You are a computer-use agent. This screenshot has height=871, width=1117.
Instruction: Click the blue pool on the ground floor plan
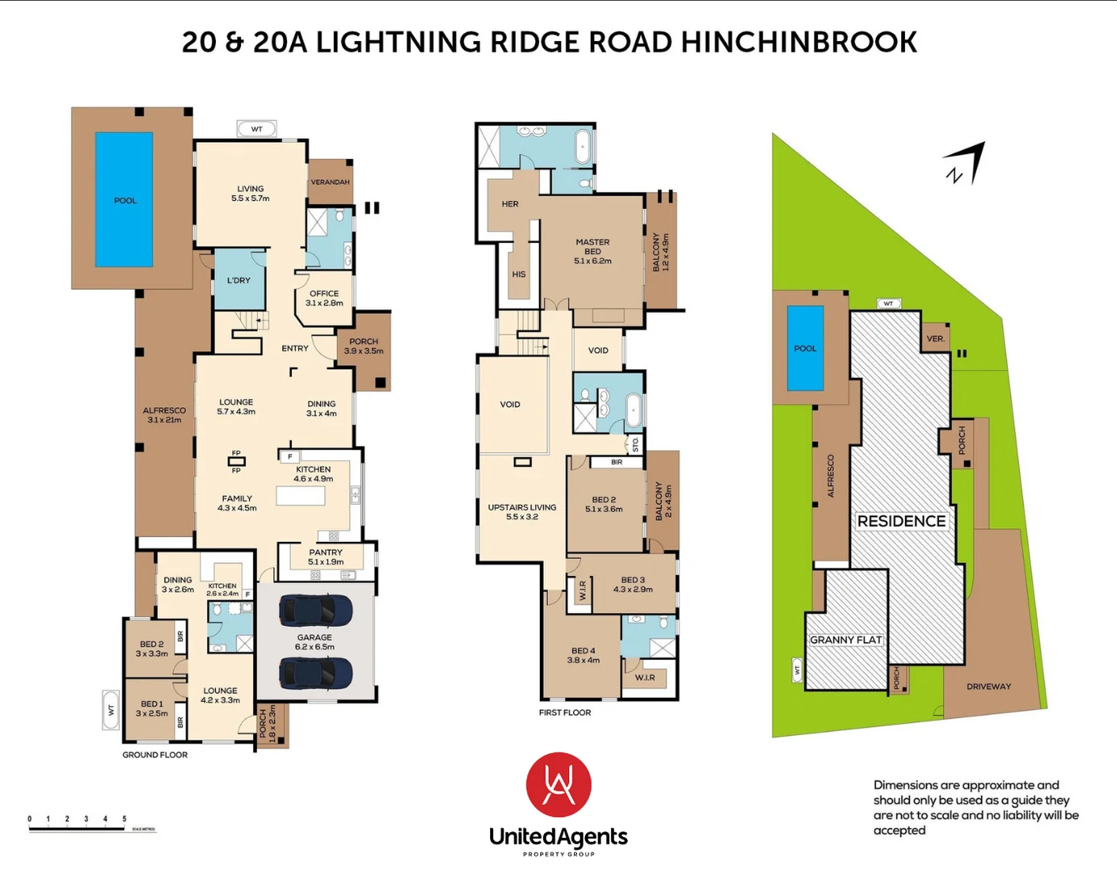coord(124,199)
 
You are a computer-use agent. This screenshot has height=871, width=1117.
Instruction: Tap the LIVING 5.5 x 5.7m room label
coord(250,194)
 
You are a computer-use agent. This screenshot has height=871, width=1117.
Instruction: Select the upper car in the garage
coord(315,611)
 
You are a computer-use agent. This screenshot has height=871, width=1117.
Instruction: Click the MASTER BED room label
coord(592,251)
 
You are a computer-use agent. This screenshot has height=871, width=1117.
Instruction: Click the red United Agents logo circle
coord(558,785)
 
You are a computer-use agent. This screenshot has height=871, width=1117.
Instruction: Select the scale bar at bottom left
coord(91,828)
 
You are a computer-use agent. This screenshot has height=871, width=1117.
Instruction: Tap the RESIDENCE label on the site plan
coord(901,522)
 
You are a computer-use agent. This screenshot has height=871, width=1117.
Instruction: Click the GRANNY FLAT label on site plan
coord(846,640)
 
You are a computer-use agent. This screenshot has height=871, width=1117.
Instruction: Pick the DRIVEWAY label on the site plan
coord(988,686)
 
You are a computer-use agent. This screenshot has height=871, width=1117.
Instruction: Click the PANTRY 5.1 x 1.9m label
coord(326,557)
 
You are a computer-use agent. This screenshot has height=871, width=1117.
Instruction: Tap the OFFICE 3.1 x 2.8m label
coord(324,298)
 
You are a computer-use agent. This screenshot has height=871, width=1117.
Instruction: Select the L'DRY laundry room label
coord(239,281)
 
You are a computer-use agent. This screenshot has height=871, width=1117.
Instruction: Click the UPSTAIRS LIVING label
coord(521,512)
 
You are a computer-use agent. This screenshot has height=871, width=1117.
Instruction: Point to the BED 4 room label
coord(583,655)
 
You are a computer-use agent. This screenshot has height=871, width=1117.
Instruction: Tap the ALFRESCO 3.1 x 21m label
coord(164,415)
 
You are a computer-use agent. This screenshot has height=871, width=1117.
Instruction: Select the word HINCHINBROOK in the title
coord(799,43)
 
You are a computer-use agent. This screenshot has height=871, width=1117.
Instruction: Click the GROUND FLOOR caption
coord(155,755)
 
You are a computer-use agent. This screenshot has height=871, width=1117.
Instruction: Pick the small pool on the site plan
coord(805,348)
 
